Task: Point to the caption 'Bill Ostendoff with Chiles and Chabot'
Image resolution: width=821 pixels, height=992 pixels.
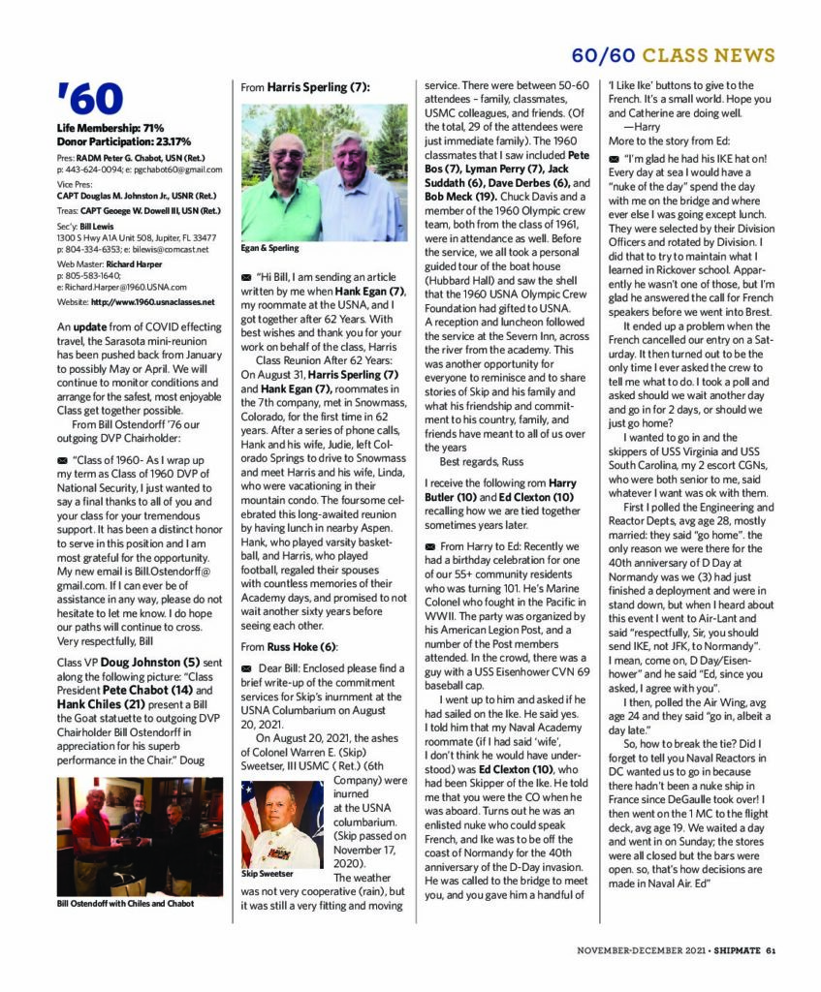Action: [128, 904]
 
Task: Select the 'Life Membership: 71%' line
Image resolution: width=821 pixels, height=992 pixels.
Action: [110, 128]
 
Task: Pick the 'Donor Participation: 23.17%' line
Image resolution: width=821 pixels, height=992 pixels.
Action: [123, 141]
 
